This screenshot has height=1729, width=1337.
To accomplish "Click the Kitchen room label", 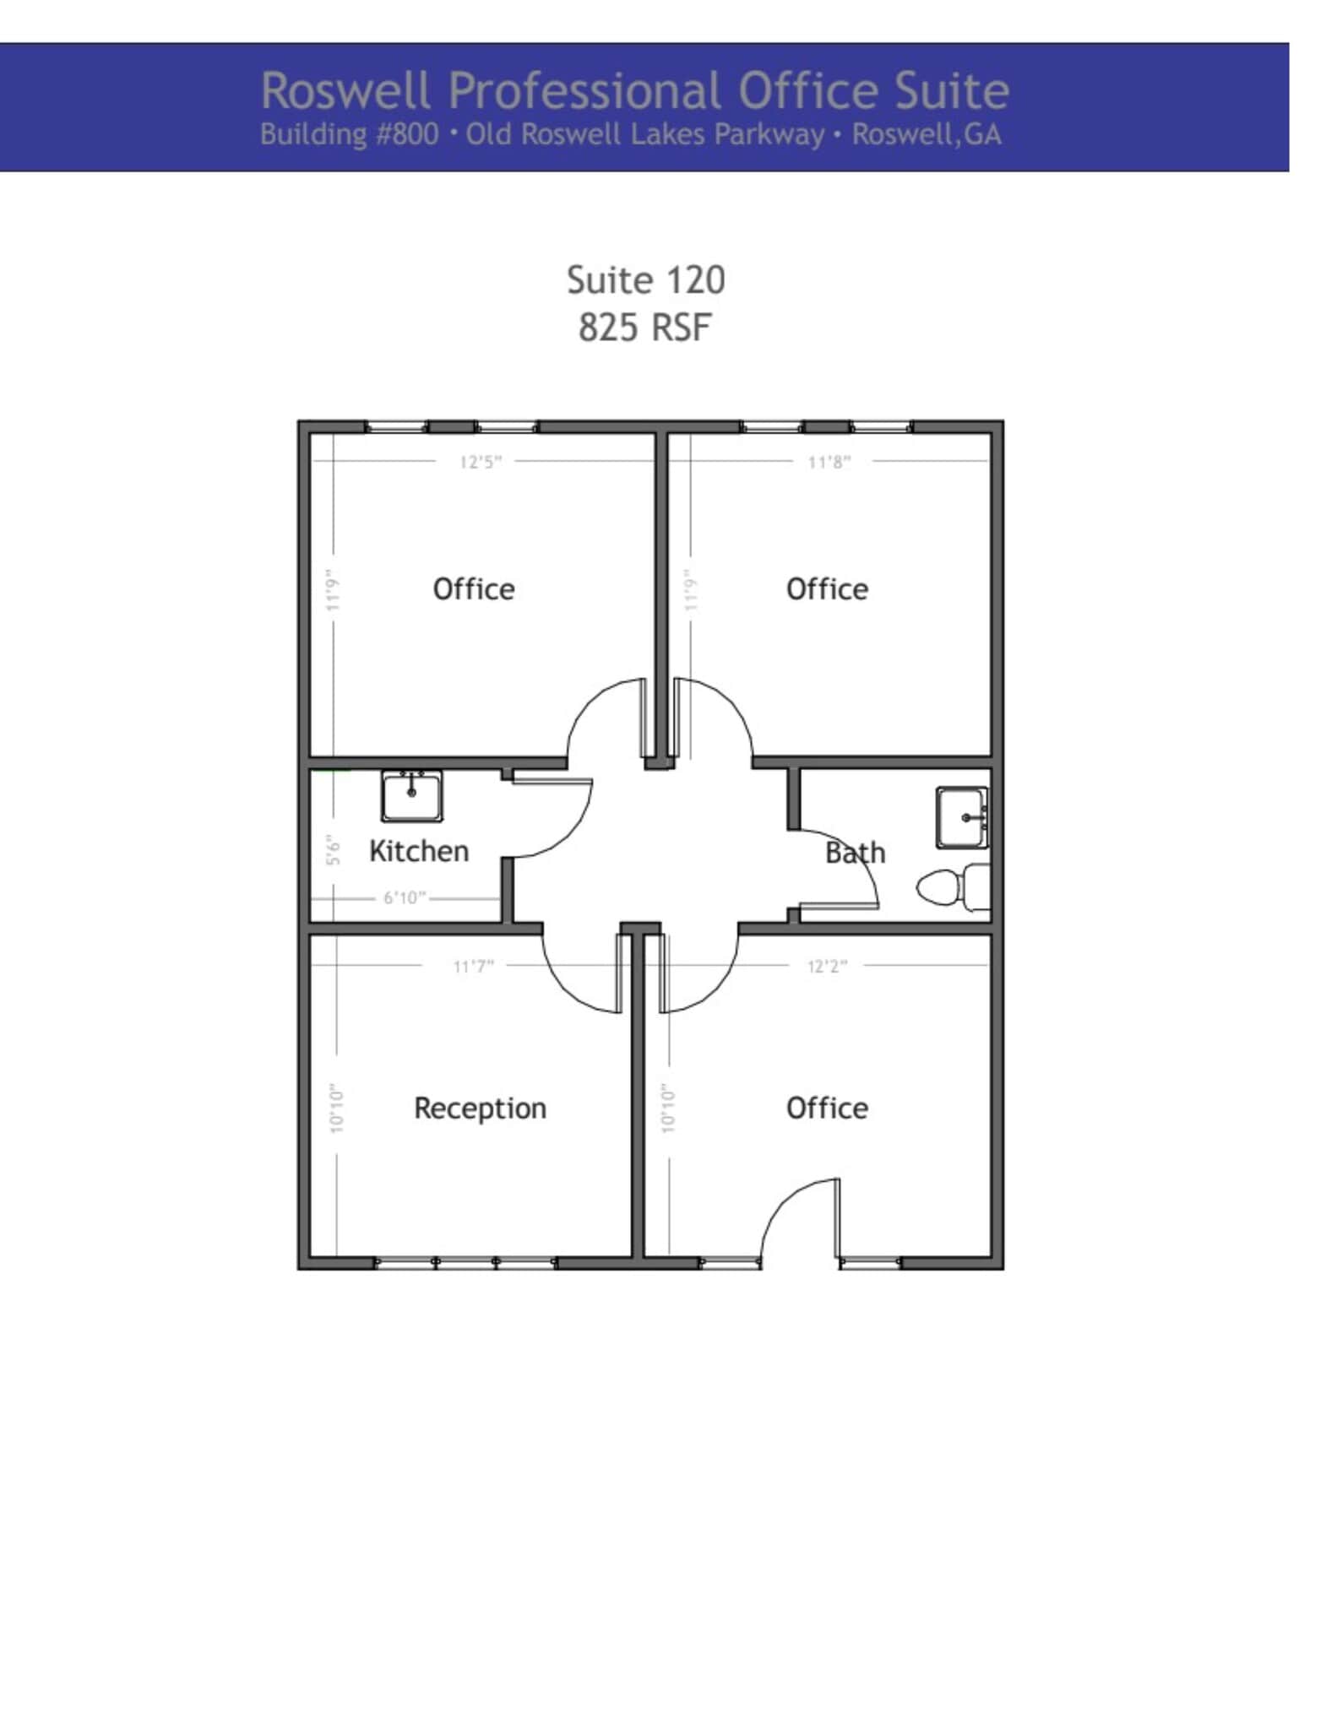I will point(419,851).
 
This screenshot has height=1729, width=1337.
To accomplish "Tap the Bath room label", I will point(855,853).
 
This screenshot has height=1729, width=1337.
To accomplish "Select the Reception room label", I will point(480,1108).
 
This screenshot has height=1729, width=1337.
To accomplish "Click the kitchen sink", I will point(411,795).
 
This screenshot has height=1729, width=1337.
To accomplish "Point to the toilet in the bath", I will point(953,887).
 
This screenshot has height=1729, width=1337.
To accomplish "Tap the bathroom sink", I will point(962,817).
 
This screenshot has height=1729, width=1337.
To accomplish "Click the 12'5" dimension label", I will point(481,462).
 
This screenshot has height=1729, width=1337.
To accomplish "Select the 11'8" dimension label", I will point(829,462).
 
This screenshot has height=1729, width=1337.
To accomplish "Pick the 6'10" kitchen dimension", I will point(405,897).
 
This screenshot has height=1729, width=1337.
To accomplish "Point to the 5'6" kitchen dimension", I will point(334,849).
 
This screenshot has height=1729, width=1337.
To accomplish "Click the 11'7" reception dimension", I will point(473,966).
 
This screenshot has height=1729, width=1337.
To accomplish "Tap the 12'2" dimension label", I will point(827,966).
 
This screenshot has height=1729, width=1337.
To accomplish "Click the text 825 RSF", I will point(645,328).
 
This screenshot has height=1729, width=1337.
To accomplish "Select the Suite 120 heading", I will point(645,280).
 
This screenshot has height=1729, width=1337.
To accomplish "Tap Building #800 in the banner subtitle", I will point(349,135).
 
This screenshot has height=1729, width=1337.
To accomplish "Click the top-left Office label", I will point(473,588).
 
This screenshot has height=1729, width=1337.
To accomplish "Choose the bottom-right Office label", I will point(827,1108).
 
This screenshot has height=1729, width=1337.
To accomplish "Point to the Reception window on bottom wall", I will point(465,1262).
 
